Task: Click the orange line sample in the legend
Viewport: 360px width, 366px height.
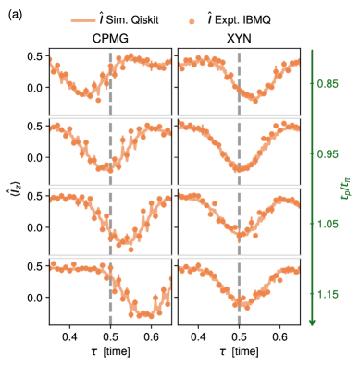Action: pyautogui.click(x=83, y=21)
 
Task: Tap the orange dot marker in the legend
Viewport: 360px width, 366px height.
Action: pyautogui.click(x=192, y=21)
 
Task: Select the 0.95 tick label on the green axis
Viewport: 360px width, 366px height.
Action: pyautogui.click(x=327, y=154)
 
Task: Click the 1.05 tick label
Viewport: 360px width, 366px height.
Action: pyautogui.click(x=327, y=224)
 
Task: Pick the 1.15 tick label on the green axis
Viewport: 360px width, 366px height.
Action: pyautogui.click(x=327, y=294)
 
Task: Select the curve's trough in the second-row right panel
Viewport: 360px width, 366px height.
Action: pyautogui.click(x=240, y=168)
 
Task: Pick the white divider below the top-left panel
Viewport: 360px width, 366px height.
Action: pyautogui.click(x=111, y=116)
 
